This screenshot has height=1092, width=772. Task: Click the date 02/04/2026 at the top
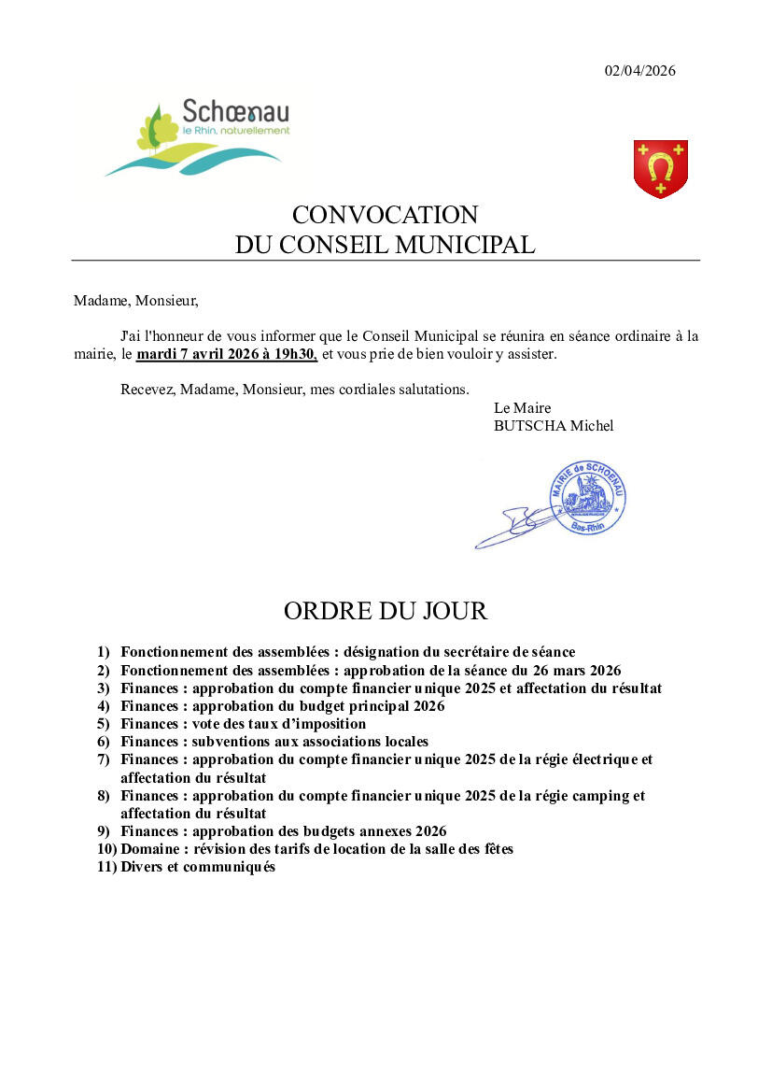(639, 71)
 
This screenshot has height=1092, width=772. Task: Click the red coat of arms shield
(661, 168)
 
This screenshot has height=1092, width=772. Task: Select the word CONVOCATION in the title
(385, 215)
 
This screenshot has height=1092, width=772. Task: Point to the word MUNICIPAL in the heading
(474, 245)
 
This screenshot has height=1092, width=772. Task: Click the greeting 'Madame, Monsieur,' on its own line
(136, 301)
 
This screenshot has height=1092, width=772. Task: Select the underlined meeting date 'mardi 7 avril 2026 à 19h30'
(227, 355)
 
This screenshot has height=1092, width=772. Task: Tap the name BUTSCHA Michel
(554, 426)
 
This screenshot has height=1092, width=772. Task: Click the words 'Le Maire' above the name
(522, 408)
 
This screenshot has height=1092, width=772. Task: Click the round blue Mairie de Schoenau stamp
(587, 497)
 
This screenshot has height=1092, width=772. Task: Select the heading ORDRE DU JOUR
(386, 611)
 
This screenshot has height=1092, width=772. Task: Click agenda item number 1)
(103, 652)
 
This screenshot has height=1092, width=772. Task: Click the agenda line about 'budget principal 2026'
(282, 706)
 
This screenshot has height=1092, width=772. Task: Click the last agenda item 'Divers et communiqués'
(198, 867)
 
